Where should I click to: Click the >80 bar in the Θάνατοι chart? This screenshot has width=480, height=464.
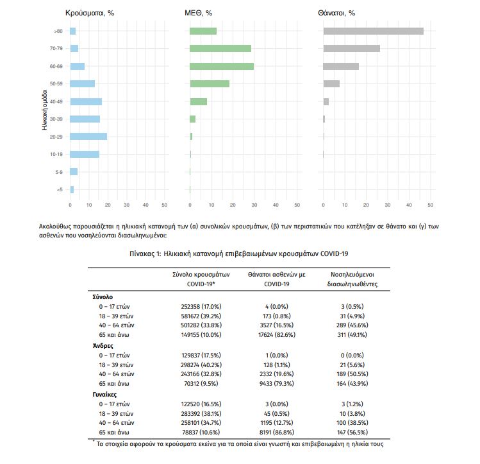click(373, 31)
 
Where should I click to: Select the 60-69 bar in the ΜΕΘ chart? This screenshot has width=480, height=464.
click(222, 66)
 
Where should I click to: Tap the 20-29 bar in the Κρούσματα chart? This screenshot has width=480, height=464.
click(88, 136)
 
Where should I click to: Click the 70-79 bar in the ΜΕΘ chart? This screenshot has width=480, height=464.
click(220, 48)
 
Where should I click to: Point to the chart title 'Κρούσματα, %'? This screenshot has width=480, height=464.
click(89, 13)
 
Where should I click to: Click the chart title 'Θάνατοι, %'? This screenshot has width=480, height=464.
click(336, 13)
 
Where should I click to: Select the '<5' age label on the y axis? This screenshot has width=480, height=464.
click(59, 189)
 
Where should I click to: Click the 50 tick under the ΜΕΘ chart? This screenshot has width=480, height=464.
click(297, 205)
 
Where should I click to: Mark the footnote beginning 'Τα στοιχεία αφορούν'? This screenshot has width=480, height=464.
click(240, 444)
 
